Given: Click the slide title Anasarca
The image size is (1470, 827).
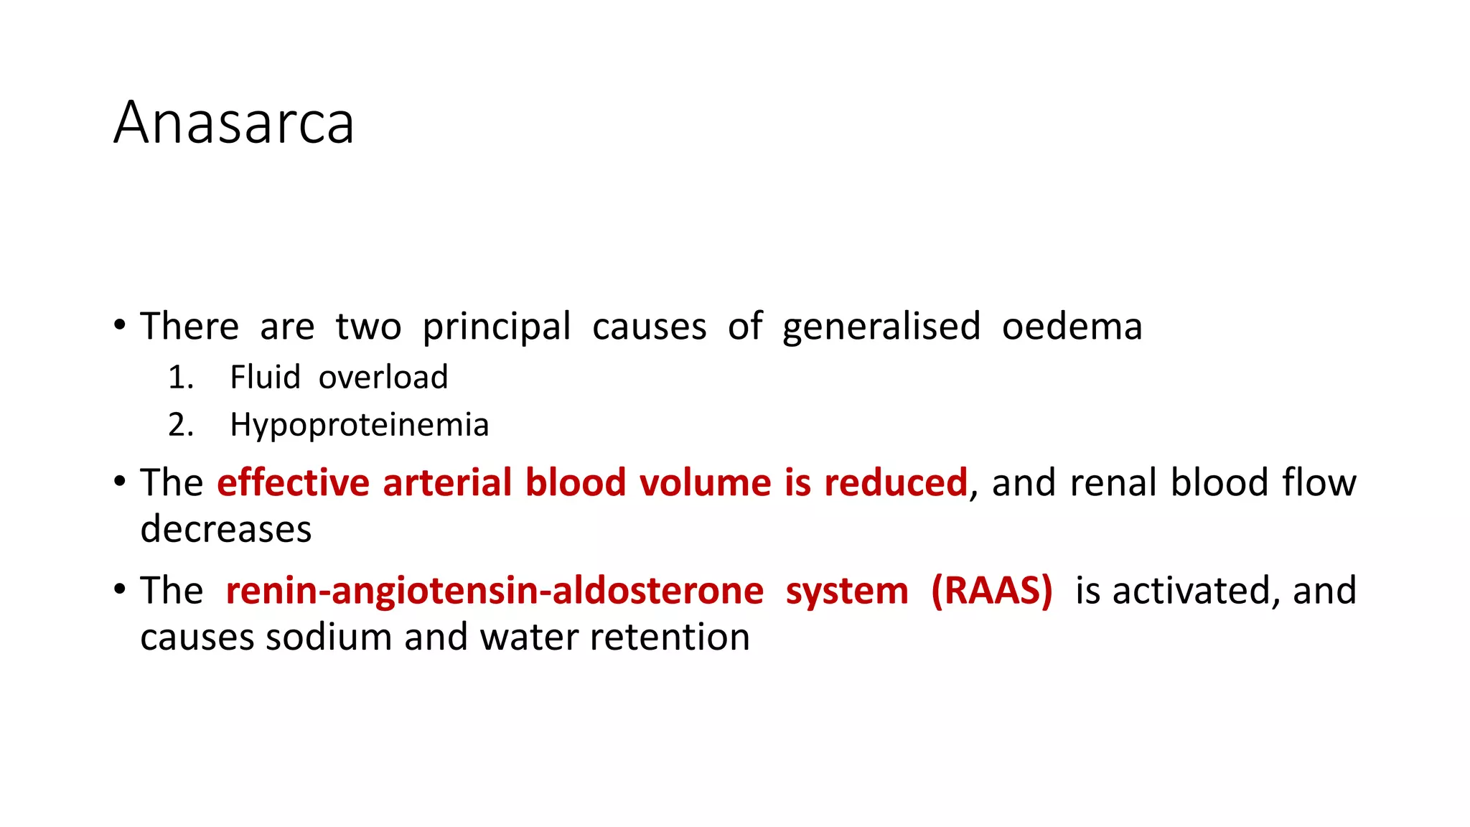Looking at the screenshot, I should [234, 123].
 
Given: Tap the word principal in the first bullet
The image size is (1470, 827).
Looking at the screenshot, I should [496, 327].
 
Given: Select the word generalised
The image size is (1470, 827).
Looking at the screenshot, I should [881, 327].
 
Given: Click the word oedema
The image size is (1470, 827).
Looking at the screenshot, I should [1072, 327].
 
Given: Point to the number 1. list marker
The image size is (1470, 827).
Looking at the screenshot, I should [181, 378].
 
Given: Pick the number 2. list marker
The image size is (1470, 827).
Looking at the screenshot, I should [181, 425].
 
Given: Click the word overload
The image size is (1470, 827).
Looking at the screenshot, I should [383, 378].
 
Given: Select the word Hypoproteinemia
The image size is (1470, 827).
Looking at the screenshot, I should [359, 425].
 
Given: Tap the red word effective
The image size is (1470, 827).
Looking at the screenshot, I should [293, 482].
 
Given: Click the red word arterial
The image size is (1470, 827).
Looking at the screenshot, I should [447, 482].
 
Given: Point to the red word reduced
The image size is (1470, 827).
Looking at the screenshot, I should [895, 482].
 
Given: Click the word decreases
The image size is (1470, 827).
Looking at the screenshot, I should [226, 530].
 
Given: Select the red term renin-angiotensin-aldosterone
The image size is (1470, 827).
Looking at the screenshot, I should [495, 592].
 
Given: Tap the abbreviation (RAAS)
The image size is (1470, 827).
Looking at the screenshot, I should [991, 591].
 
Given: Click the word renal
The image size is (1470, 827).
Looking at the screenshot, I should [1113, 482].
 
